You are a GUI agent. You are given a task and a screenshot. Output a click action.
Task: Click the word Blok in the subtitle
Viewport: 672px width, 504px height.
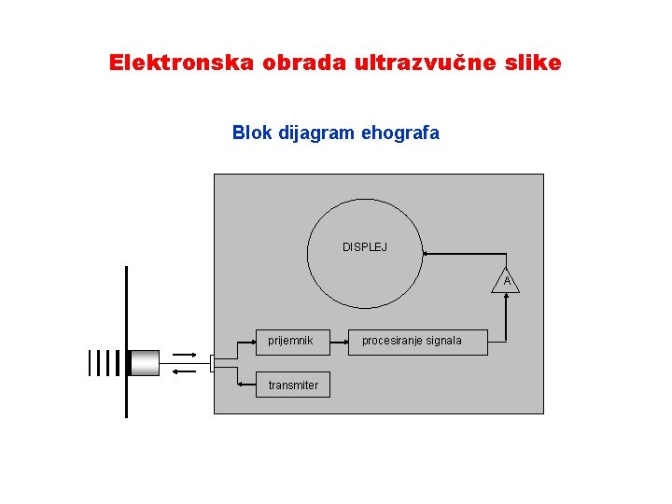tap(252, 133)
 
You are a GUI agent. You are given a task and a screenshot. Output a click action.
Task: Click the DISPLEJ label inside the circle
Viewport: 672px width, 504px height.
tap(365, 247)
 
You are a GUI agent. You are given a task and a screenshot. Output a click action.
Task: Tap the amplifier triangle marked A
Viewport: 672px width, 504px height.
tap(506, 281)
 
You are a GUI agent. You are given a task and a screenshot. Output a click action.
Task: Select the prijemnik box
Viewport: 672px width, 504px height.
tap(292, 341)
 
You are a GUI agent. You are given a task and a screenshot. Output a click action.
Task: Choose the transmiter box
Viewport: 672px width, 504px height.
tap(293, 385)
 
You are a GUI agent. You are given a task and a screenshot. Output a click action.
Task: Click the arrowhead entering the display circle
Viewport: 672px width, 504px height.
tap(426, 252)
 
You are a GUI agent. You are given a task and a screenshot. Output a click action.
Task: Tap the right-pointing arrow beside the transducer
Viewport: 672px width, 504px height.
tap(185, 356)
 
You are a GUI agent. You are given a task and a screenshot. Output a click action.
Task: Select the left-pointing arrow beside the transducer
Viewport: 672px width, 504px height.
tap(185, 371)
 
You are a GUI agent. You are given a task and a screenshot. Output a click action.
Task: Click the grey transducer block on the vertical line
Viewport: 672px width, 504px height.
tap(144, 362)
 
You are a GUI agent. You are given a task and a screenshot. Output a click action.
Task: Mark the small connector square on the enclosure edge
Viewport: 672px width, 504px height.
tap(213, 362)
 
